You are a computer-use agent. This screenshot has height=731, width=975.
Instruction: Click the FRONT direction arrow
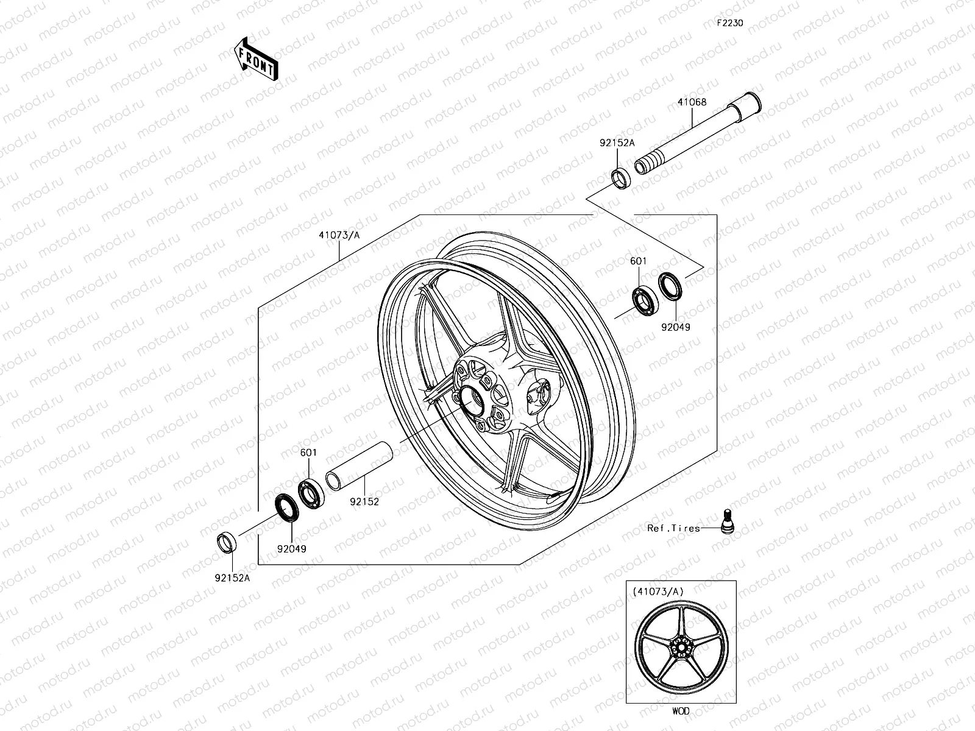point(255,59)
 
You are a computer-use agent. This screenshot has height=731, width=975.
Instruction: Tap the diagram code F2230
point(729,24)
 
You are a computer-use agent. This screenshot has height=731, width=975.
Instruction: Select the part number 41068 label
point(692,102)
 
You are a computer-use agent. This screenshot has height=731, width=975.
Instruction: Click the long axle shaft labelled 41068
point(695,136)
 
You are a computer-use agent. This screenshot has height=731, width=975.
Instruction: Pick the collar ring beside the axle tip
point(621,180)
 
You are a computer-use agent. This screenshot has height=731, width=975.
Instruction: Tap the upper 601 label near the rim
point(639,261)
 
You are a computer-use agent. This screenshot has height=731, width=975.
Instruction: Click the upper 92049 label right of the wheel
point(676,327)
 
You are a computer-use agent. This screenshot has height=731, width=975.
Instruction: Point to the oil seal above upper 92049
point(670,286)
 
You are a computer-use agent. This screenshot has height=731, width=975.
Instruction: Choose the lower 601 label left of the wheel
point(308,453)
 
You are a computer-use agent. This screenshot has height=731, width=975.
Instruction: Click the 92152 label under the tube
point(365,503)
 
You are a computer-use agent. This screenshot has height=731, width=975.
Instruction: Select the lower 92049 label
point(291,549)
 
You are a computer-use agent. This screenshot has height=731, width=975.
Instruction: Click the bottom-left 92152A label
point(232,578)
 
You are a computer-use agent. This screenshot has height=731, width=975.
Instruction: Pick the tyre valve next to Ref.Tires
point(726,522)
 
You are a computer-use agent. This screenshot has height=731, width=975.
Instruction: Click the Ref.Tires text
point(673,529)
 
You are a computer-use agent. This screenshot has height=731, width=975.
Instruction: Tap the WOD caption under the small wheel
point(681,711)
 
